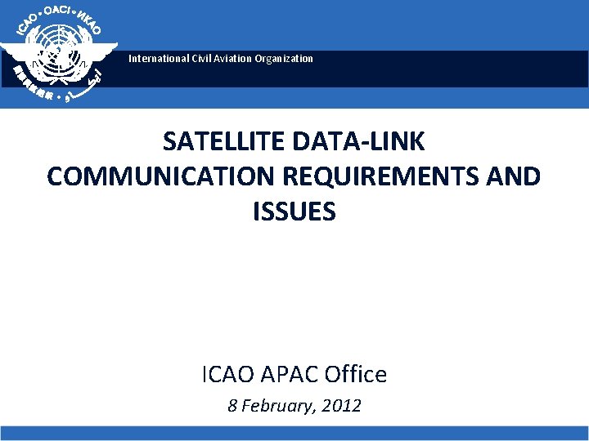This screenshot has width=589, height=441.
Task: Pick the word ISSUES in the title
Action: (x=294, y=212)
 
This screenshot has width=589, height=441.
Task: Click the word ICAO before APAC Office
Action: (x=229, y=375)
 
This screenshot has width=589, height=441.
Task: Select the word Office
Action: (x=357, y=375)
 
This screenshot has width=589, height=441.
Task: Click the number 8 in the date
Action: (x=232, y=406)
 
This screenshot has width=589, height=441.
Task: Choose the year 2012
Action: (x=342, y=406)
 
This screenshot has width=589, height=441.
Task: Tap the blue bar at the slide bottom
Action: (x=294, y=434)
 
